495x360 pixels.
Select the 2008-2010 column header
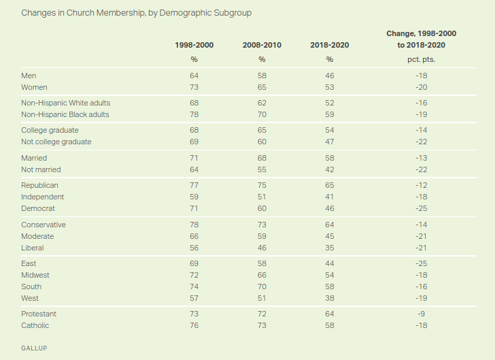click(x=262, y=45)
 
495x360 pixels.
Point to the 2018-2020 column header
click(x=329, y=45)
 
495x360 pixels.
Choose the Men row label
click(x=29, y=76)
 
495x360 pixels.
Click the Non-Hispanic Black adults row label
click(x=65, y=114)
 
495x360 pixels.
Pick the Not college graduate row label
click(x=56, y=142)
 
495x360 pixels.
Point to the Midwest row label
click(x=35, y=275)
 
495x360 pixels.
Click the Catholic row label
click(x=35, y=325)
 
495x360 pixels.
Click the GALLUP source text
click(x=34, y=348)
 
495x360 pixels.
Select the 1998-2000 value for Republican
click(x=194, y=185)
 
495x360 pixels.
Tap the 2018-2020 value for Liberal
click(x=330, y=248)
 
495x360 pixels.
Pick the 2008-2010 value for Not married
click(x=262, y=169)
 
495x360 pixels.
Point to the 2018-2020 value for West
click(x=330, y=298)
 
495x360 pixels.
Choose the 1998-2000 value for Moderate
click(x=194, y=236)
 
